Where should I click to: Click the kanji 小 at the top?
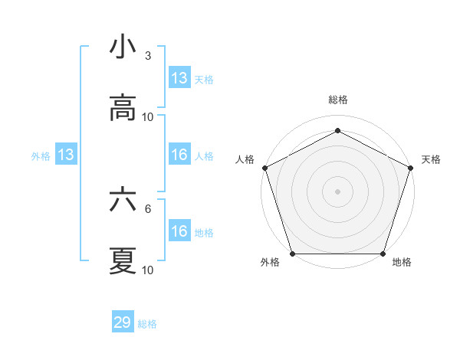[123, 48]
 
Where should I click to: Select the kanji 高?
[123, 108]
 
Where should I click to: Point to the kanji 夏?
[123, 260]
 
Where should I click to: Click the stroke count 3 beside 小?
[147, 56]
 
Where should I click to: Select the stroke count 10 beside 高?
[148, 116]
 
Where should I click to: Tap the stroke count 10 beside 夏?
[148, 270]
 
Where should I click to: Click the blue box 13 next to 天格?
[179, 78]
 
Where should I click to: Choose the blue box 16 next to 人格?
[179, 155]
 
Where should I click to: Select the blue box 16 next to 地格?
[179, 231]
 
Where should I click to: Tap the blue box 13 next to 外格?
[66, 155]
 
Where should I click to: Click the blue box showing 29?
[123, 322]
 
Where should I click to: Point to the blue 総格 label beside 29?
[148, 324]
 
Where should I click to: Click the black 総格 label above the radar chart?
[338, 100]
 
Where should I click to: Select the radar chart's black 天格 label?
[431, 159]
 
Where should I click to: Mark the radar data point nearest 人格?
[265, 168]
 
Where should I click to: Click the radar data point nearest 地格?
[383, 254]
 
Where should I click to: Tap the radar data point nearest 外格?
[293, 254]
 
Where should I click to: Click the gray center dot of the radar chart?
[338, 191]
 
